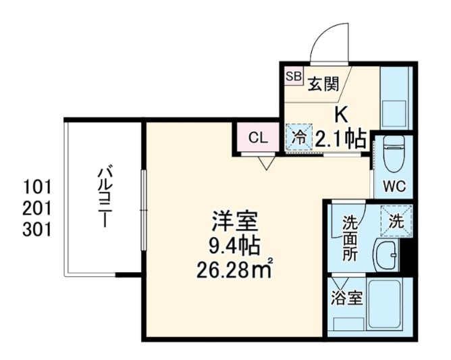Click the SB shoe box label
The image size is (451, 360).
[294, 76]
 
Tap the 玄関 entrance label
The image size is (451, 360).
[323, 84]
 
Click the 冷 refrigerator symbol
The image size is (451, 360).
[298, 138]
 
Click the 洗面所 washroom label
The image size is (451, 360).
[349, 238]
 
